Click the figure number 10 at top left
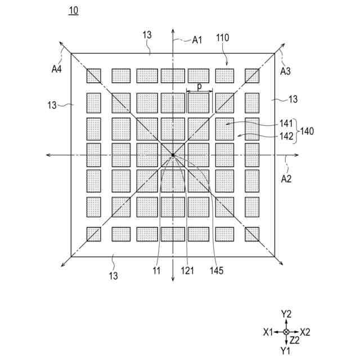(74, 11)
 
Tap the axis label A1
(197, 39)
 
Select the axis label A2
(288, 179)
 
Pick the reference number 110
(223, 38)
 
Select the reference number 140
(307, 130)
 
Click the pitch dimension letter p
(199, 87)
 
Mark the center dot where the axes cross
(173, 155)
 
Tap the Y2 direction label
(286, 314)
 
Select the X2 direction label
(305, 332)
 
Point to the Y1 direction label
(286, 351)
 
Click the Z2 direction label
(295, 341)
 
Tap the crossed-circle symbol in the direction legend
(286, 332)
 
